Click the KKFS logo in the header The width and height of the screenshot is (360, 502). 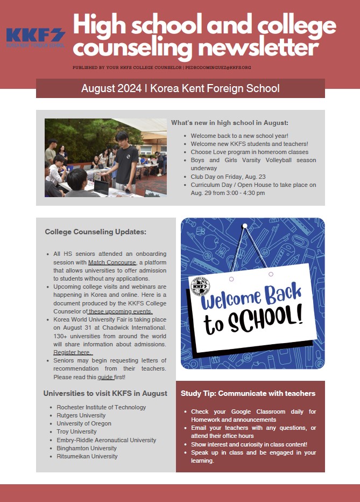coord(36,38)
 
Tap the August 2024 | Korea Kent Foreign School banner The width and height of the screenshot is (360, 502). coord(180,88)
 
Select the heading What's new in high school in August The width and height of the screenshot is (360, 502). coord(230,123)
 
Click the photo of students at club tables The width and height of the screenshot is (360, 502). coord(105,157)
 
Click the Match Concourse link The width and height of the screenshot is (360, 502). coord(112,262)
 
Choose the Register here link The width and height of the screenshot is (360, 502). coord(72,352)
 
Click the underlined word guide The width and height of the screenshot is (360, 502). coord(105,376)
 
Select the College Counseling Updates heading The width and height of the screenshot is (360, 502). coord(95,232)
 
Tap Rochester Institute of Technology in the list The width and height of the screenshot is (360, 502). coord(101,407)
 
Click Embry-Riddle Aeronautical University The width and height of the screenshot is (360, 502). coord(106,440)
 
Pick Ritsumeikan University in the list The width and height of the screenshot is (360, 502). coord(87,456)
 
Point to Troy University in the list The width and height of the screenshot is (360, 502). coord(76,431)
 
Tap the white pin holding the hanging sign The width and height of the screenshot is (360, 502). coord(245,225)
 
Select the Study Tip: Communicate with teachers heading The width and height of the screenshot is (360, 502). coord(248,394)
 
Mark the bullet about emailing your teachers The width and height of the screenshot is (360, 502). coord(253,431)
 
